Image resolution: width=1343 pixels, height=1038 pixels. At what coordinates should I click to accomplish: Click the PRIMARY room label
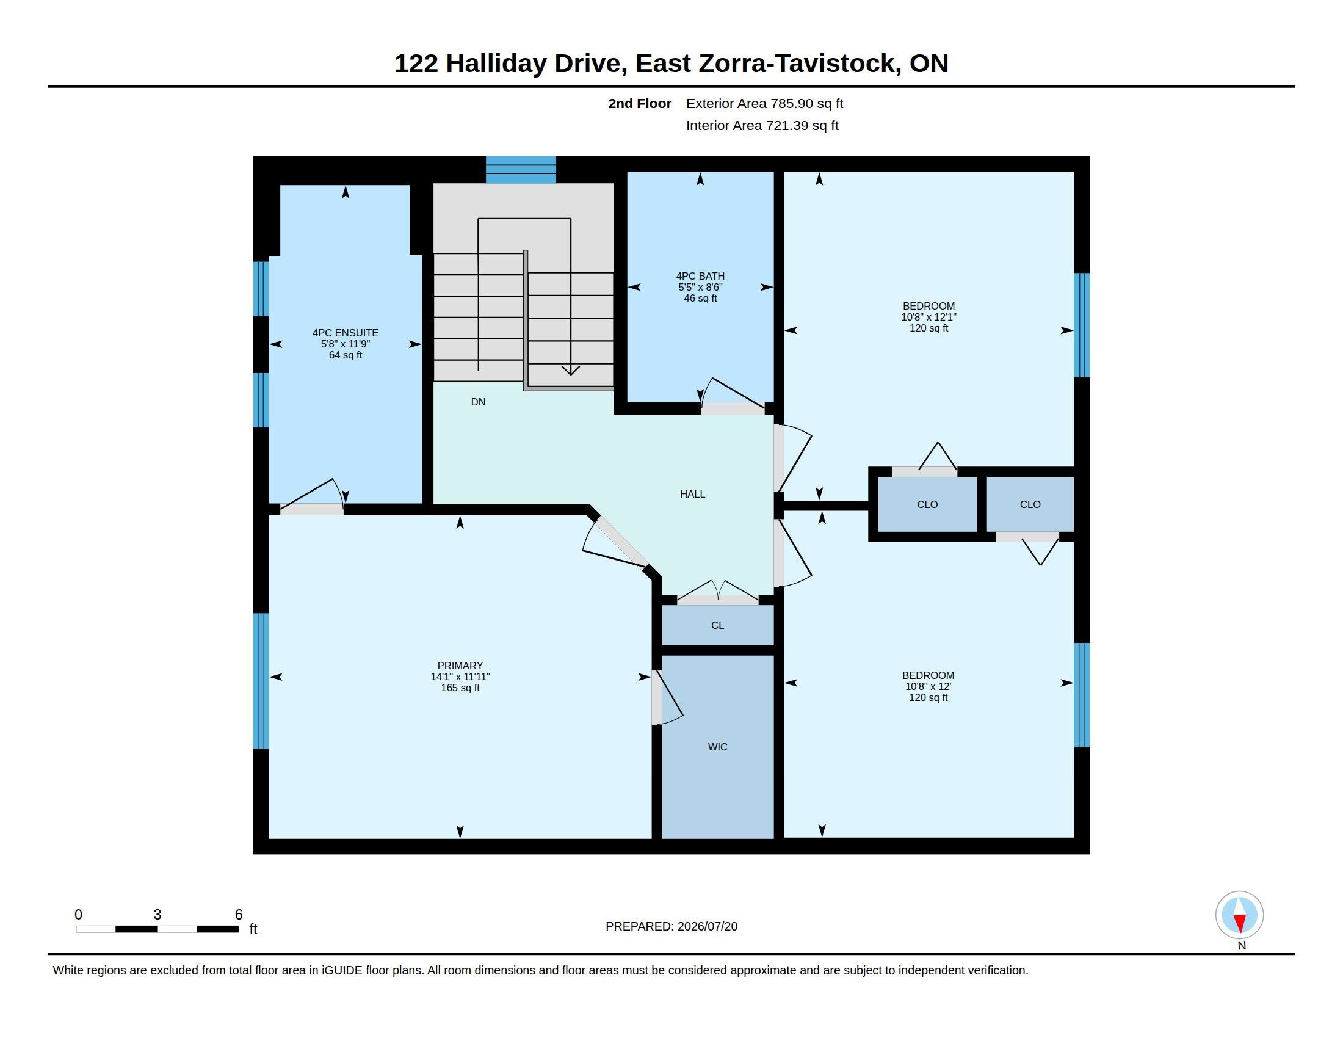pos(460,666)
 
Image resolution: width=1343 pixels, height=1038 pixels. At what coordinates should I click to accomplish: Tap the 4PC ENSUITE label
pos(345,333)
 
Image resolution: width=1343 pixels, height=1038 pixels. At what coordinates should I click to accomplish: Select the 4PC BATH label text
pos(700,276)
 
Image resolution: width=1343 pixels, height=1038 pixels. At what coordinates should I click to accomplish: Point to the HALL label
pos(692,494)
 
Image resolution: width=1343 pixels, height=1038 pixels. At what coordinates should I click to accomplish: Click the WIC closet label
pos(718,747)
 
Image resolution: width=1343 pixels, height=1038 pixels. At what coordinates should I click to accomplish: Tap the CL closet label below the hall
pos(718,625)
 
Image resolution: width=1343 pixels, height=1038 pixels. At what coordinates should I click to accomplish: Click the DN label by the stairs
pos(479,402)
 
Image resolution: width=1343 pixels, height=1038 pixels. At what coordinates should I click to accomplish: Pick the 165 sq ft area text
pos(460,688)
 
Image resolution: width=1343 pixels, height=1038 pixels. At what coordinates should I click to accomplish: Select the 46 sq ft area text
pos(700,298)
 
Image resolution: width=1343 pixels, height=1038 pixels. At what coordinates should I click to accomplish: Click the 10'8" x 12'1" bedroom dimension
pos(929,317)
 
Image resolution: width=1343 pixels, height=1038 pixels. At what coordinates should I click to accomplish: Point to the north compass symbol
pos(1239,915)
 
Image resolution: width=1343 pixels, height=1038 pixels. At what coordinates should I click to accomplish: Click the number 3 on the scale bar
pos(157,915)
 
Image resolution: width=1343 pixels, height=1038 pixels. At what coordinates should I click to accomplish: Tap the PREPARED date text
pos(671,926)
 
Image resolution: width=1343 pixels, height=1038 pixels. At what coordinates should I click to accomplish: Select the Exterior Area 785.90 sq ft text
pos(764,103)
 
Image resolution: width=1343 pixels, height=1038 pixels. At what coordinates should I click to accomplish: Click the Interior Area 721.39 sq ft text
pos(762,125)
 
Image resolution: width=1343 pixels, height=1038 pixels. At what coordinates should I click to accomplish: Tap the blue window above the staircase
pos(521,170)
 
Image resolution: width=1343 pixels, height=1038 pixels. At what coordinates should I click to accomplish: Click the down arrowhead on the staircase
pos(571,369)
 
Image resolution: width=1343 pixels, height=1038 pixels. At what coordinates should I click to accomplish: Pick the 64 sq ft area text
pos(345,355)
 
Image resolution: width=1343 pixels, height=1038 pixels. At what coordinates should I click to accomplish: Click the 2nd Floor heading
pos(640,103)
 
